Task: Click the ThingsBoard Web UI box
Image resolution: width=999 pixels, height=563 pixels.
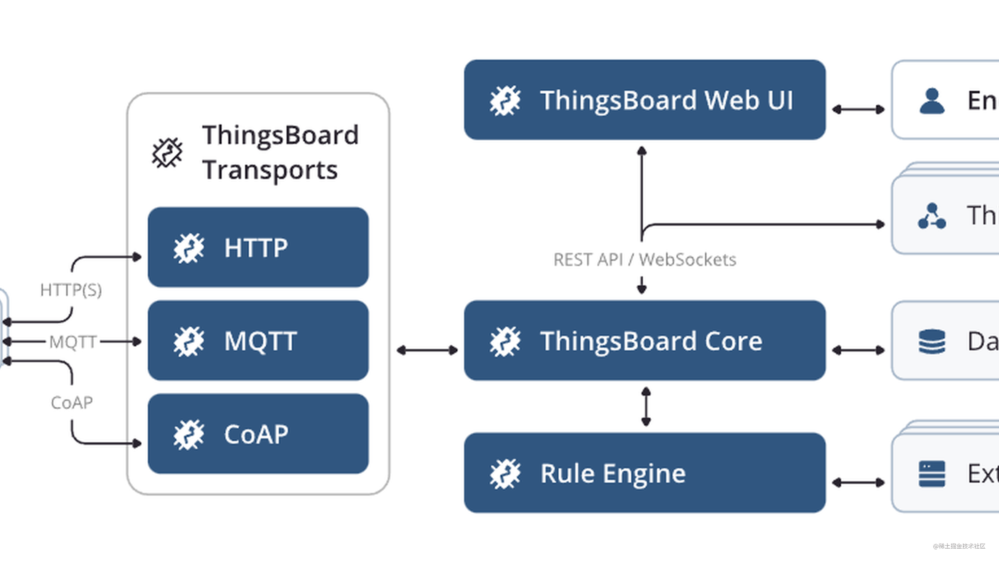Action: (644, 100)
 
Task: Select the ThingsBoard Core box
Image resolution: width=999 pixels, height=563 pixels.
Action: (644, 340)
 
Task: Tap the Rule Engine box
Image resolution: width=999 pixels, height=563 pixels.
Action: (644, 473)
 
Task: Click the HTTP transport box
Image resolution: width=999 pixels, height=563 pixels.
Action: (258, 247)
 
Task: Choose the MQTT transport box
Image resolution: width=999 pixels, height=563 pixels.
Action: (258, 340)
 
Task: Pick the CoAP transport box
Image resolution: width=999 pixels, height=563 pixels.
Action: (258, 434)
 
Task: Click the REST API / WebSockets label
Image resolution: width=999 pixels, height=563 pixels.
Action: (644, 260)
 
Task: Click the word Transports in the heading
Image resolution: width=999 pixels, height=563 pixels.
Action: (270, 170)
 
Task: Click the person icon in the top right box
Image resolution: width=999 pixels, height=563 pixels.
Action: (932, 101)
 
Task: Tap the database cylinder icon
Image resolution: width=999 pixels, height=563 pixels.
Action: (932, 342)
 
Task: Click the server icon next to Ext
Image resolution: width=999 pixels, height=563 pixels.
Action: (932, 474)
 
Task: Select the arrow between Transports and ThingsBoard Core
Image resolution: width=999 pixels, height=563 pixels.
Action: (427, 350)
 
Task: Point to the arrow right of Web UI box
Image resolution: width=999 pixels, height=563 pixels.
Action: (858, 109)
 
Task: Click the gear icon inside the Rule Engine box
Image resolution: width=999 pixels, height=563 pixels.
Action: (505, 474)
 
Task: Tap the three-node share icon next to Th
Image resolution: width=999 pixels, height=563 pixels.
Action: (932, 216)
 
